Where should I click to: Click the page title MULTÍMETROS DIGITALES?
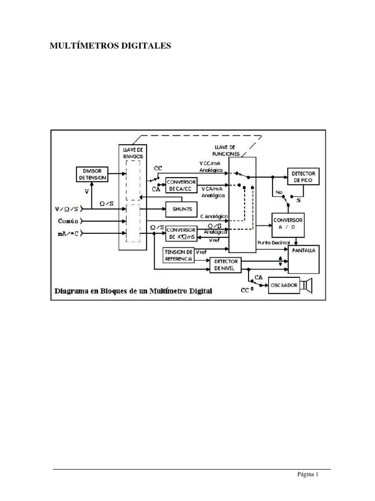(x=111, y=46)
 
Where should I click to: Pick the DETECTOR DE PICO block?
(x=303, y=177)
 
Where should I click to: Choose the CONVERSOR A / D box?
(x=290, y=223)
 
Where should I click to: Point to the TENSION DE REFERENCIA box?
(x=178, y=255)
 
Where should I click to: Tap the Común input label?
(x=68, y=221)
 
